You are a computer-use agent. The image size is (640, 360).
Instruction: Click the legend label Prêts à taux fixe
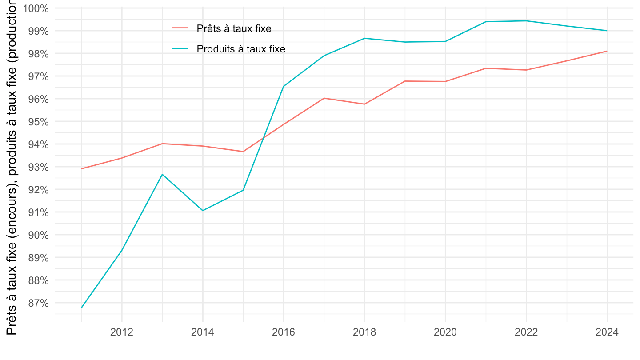click(234, 28)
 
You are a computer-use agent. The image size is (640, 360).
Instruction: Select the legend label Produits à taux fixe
click(241, 49)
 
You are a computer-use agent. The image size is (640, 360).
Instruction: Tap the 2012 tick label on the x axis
click(122, 332)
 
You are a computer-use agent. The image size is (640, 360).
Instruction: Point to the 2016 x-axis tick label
click(284, 332)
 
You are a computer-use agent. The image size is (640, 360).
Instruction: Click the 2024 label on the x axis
click(607, 332)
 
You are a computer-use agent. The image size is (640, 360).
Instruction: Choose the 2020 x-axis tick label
click(445, 332)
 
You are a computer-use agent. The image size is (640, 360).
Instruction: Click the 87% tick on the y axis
click(39, 303)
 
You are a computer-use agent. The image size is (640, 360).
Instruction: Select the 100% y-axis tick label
click(36, 8)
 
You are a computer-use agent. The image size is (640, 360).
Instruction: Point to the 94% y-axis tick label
click(39, 144)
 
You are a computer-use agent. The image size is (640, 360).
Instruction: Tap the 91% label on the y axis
click(39, 212)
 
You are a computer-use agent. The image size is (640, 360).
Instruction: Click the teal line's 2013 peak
click(163, 174)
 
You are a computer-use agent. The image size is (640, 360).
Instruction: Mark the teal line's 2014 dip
click(203, 210)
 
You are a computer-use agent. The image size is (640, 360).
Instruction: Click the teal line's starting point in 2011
click(82, 307)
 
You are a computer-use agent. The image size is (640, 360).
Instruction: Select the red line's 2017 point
click(324, 98)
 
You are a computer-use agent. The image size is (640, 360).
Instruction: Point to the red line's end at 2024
click(607, 51)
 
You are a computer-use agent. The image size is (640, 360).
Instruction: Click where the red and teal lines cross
click(263, 138)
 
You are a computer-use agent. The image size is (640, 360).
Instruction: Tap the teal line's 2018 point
click(364, 38)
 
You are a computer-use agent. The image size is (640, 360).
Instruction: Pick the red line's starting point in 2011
click(82, 168)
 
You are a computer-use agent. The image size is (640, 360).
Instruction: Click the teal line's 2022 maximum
click(526, 21)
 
